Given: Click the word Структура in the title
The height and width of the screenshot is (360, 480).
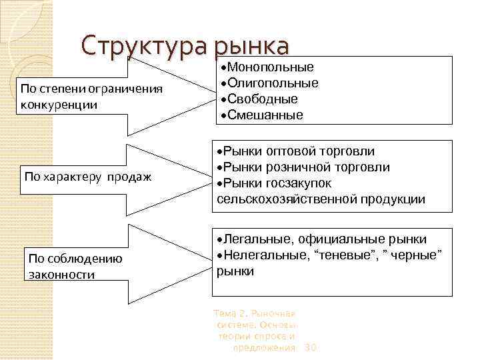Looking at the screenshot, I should pyautogui.click(x=145, y=47).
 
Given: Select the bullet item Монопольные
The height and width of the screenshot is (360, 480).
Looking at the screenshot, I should pyautogui.click(x=270, y=67).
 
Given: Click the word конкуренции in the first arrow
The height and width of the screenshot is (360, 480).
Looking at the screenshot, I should pyautogui.click(x=59, y=105).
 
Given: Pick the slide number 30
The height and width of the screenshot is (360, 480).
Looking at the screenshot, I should pyautogui.click(x=310, y=348).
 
